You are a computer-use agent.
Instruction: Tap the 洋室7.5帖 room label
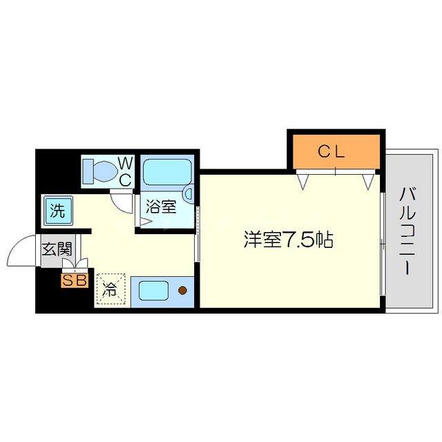(x=288, y=240)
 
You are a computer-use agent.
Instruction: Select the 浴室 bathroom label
(x=160, y=206)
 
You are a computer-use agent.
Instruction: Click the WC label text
(x=126, y=171)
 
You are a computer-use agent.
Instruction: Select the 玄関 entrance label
(x=57, y=249)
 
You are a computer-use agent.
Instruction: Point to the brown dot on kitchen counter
(x=183, y=291)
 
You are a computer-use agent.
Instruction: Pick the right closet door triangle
(x=369, y=182)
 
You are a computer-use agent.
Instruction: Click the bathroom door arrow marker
(x=145, y=222)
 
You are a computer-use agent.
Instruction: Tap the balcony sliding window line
(x=382, y=242)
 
